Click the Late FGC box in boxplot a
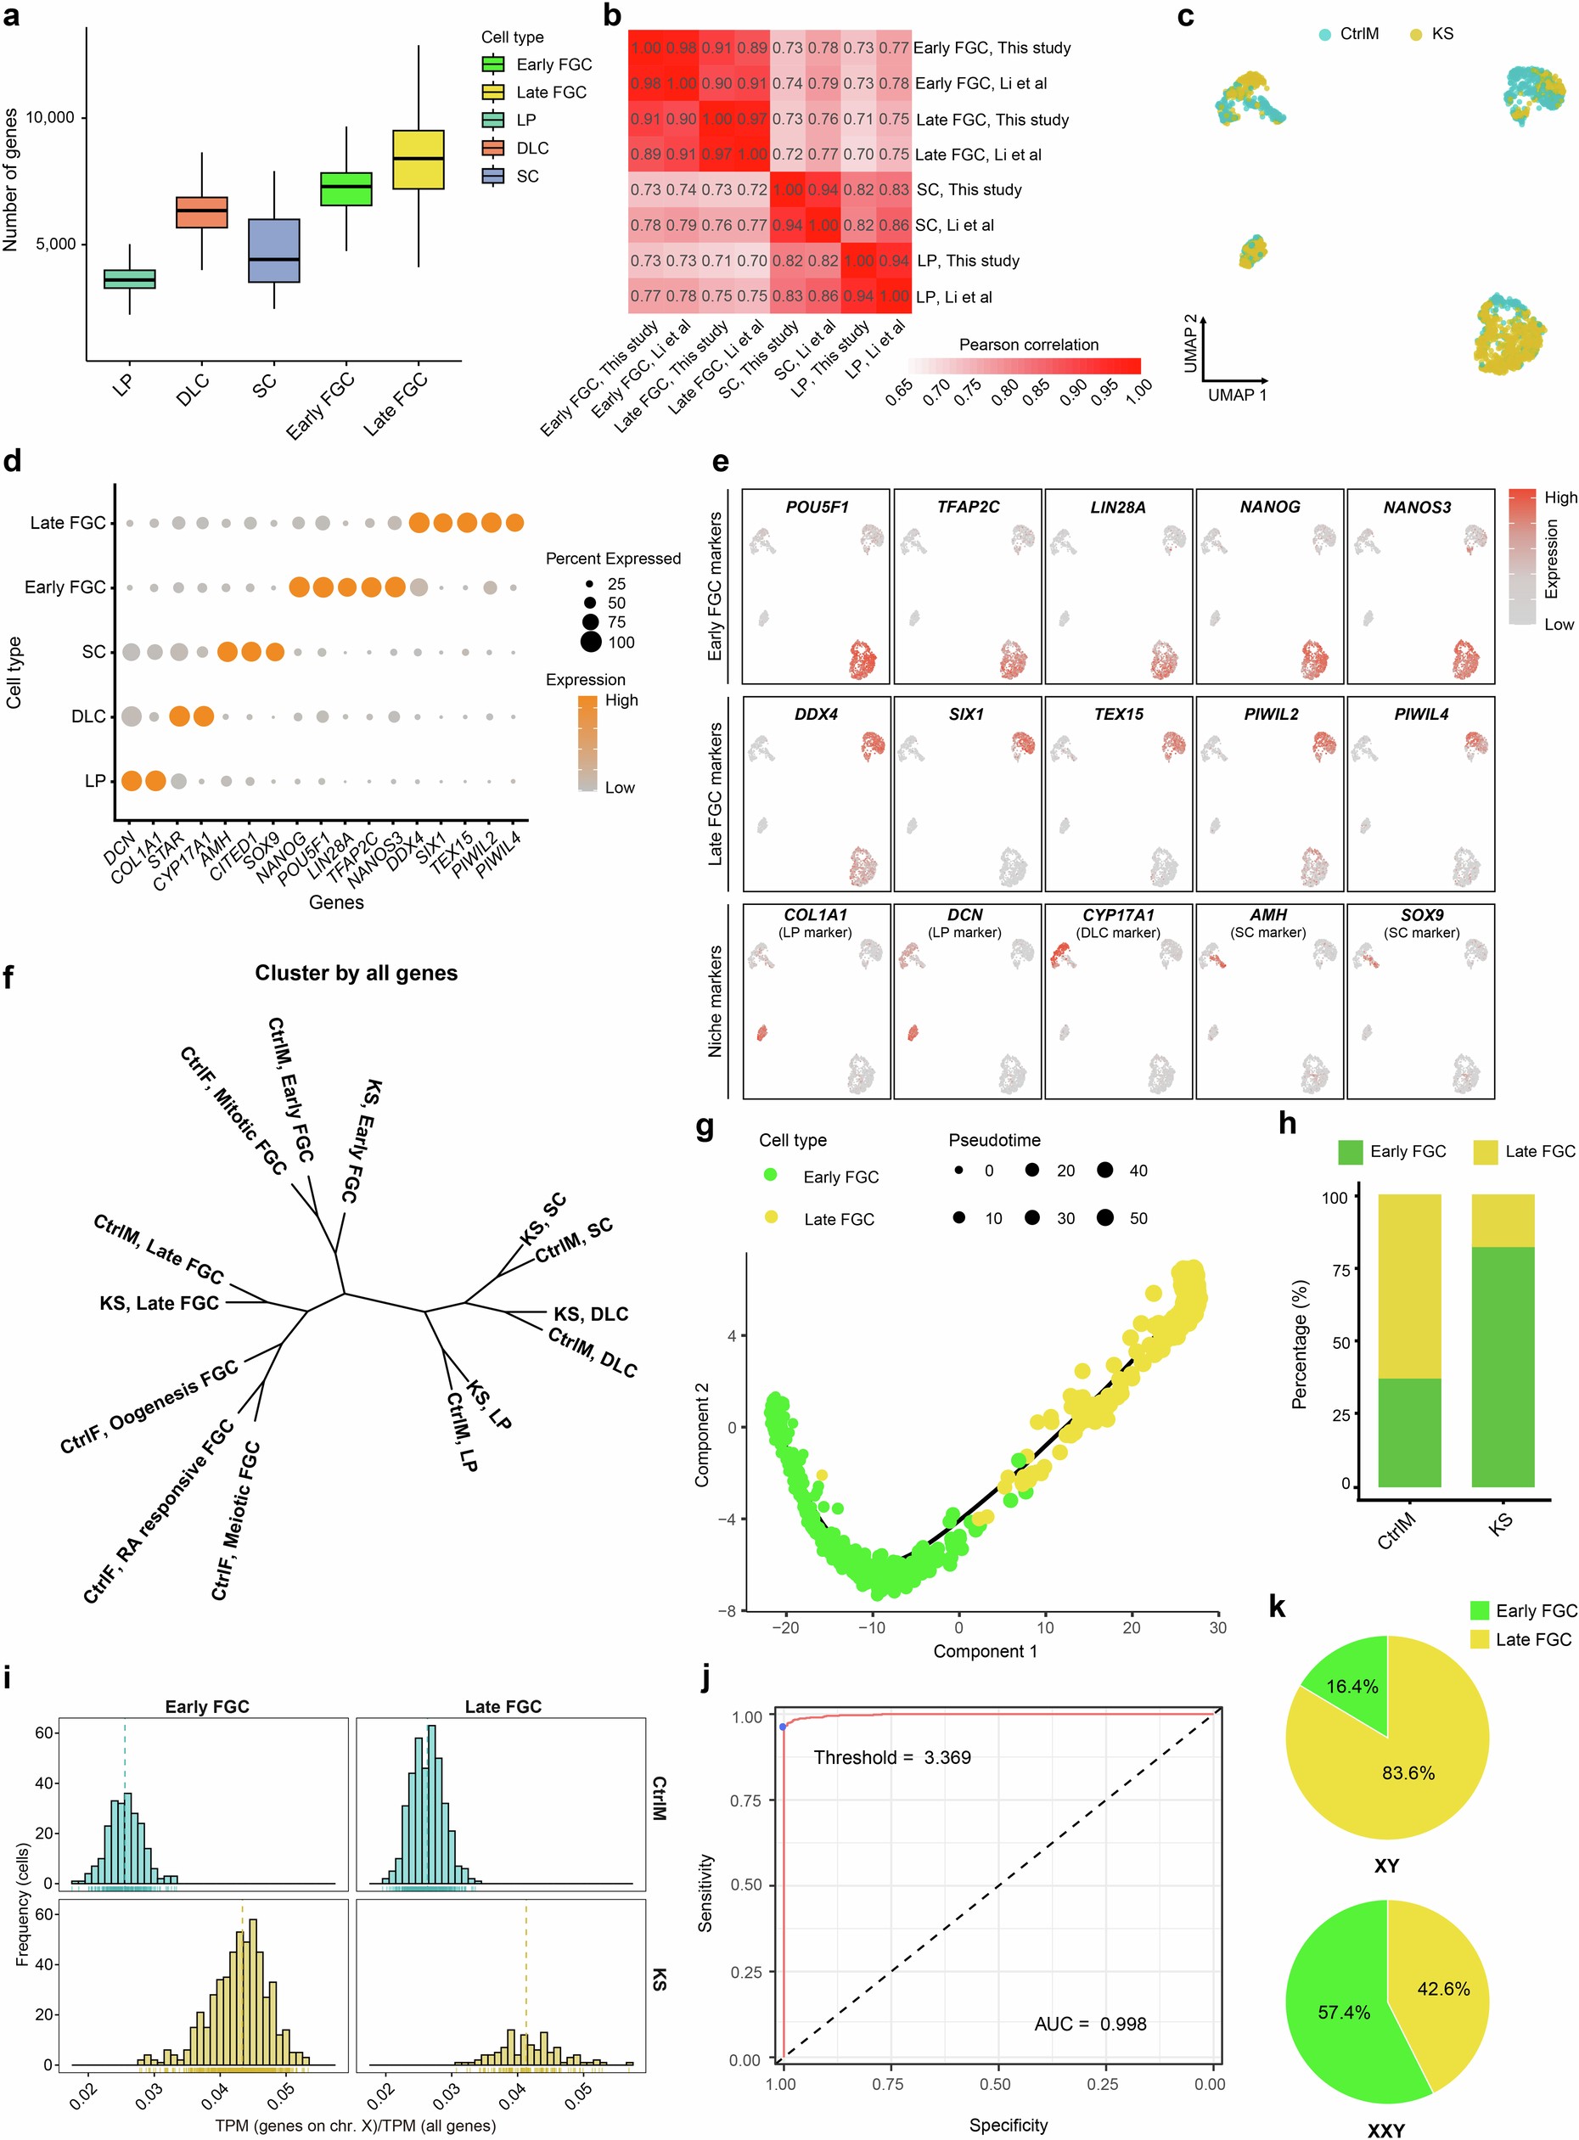(x=418, y=160)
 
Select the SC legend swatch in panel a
(x=493, y=176)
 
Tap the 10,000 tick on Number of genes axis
(x=50, y=117)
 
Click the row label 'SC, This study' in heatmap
(x=969, y=189)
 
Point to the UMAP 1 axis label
(x=1237, y=395)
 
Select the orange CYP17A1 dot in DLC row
(x=203, y=716)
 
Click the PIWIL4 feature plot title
(x=1420, y=714)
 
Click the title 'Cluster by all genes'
(x=356, y=973)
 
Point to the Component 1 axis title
(x=985, y=1651)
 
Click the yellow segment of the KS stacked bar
(x=1503, y=1221)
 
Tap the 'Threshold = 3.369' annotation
(x=891, y=1756)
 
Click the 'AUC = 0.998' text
(x=1090, y=2024)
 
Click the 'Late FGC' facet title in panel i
(x=503, y=1706)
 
